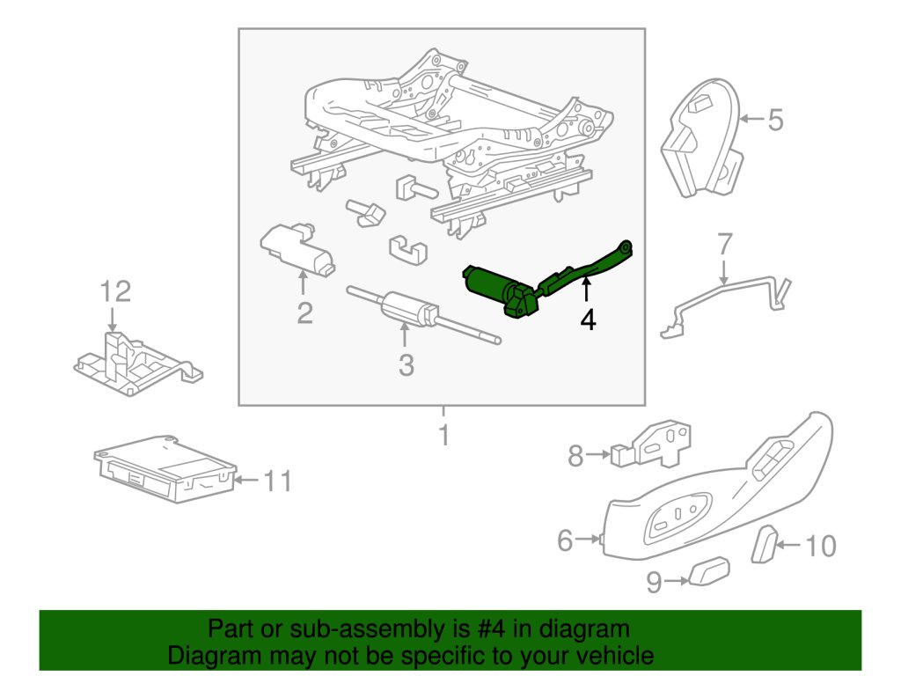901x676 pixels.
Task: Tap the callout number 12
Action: point(114,291)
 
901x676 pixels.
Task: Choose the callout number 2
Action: point(304,312)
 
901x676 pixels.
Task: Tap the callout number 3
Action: point(405,364)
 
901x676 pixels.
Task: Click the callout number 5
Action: point(774,120)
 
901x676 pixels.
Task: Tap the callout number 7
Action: point(723,244)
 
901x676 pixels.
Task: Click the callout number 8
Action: point(576,456)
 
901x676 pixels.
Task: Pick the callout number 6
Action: point(566,540)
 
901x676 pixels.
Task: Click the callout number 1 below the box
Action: point(444,435)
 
